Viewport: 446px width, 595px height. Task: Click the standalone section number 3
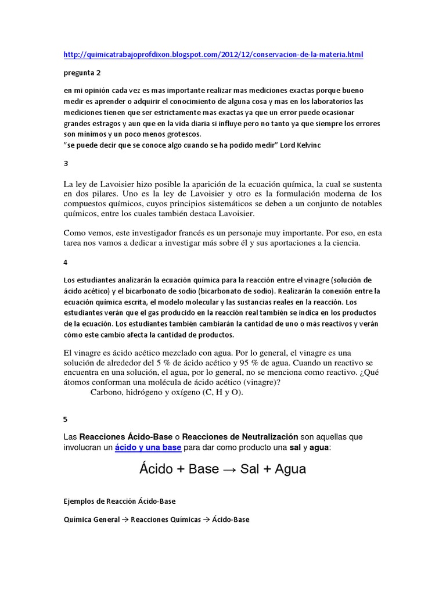tap(66, 164)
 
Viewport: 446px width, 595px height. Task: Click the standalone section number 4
tap(66, 262)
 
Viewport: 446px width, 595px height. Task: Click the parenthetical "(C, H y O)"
tap(222, 392)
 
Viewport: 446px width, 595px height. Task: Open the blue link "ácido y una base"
tap(148, 447)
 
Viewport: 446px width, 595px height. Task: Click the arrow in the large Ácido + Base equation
tap(226, 469)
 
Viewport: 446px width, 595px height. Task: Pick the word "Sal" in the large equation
tap(250, 469)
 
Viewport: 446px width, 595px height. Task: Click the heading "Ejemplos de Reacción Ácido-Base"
tap(118, 501)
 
